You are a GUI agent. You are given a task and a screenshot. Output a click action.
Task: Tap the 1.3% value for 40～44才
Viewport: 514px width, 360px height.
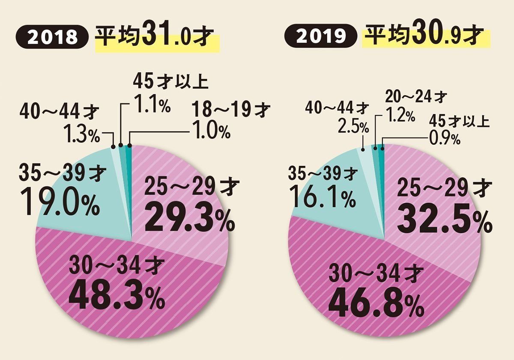pos(82,135)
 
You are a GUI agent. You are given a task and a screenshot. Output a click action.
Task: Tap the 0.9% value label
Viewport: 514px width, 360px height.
pos(443,138)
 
